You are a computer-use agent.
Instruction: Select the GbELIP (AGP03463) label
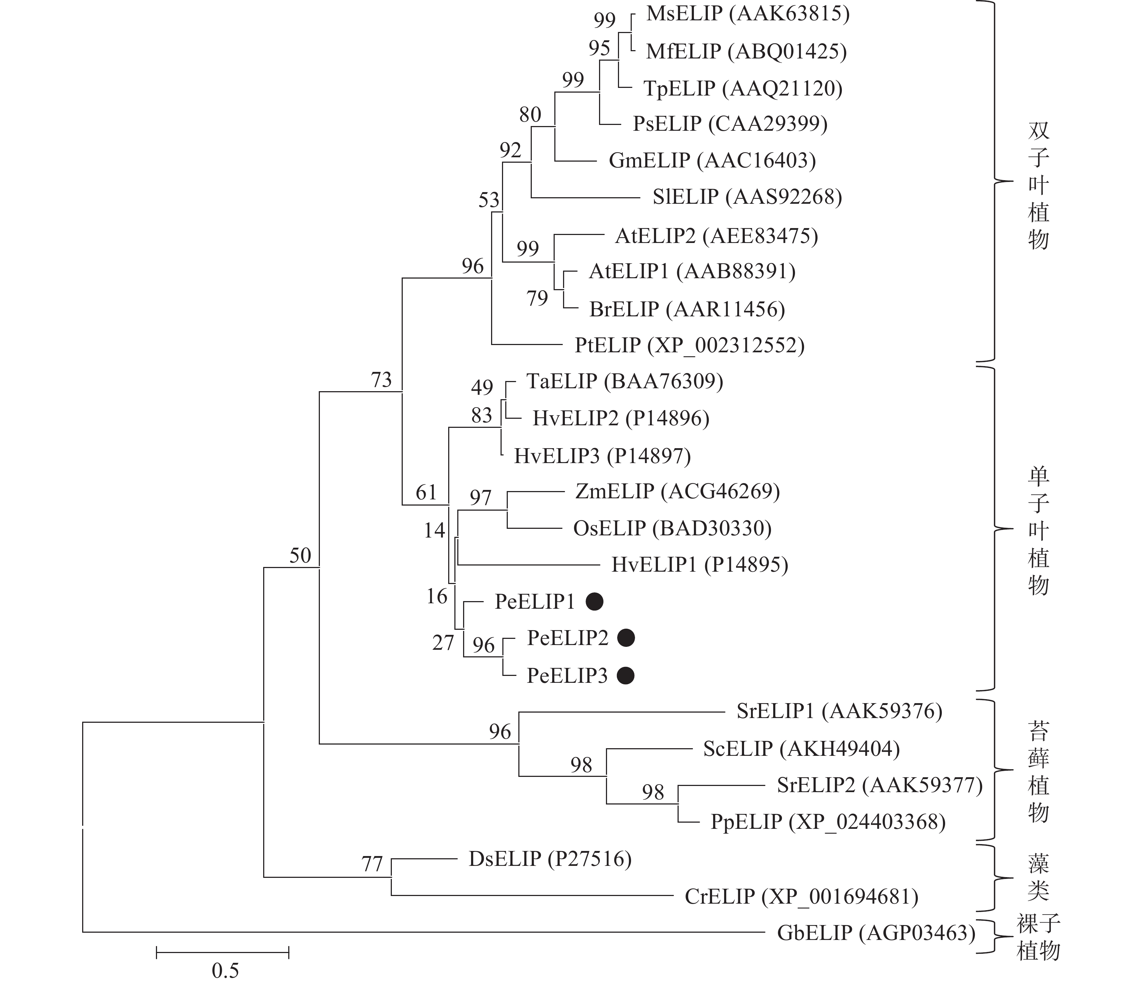tap(876, 933)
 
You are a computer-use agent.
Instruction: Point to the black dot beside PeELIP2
tap(626, 638)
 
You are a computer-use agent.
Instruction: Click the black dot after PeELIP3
tap(626, 675)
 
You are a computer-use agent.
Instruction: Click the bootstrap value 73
tap(381, 380)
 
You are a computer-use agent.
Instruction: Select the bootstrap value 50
tap(300, 555)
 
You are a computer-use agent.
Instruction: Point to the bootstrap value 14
tap(434, 531)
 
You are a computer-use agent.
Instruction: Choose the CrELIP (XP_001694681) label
tap(801, 896)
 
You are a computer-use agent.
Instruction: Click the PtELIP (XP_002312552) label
tap(690, 345)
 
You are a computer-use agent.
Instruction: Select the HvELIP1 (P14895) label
tap(700, 564)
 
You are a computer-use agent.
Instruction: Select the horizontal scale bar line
tap(223, 952)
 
